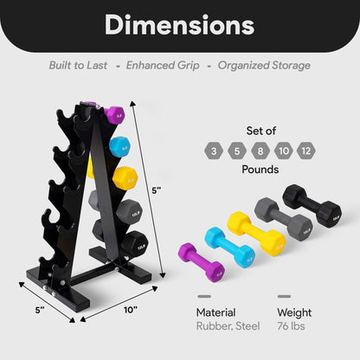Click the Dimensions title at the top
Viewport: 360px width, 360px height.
click(179, 25)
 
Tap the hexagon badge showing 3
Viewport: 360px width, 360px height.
click(213, 152)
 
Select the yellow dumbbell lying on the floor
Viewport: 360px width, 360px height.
click(255, 233)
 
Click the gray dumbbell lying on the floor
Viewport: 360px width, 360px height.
click(284, 220)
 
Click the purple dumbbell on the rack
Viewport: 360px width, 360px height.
click(114, 115)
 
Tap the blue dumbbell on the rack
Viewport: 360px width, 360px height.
click(119, 146)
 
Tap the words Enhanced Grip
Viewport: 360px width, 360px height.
click(163, 65)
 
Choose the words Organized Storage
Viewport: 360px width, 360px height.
click(263, 65)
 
